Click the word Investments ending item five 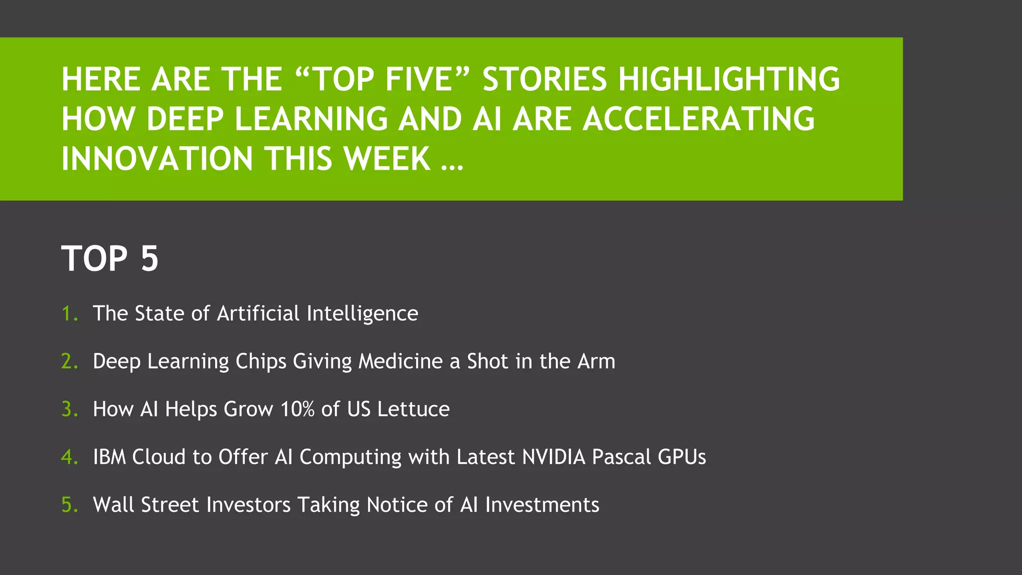[x=542, y=505]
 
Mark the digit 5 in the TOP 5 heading [x=149, y=259]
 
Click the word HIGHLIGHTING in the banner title [x=729, y=80]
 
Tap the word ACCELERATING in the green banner [x=699, y=120]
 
